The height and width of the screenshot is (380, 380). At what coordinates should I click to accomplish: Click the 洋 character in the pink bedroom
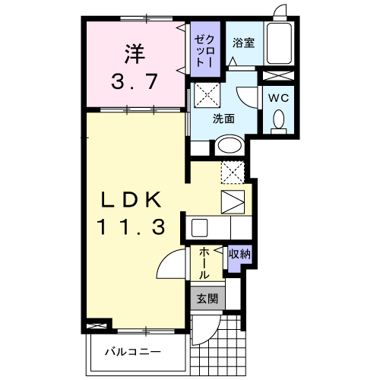(x=135, y=54)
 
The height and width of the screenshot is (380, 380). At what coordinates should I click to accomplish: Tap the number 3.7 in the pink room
(x=135, y=81)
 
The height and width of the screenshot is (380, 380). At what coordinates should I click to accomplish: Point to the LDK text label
(x=131, y=200)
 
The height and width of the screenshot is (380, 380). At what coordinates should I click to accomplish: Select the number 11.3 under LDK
(x=131, y=227)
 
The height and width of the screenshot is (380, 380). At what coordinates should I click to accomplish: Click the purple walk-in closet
(x=205, y=49)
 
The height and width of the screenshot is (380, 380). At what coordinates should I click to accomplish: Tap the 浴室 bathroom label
(x=243, y=43)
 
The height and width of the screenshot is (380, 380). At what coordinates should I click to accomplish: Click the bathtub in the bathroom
(x=279, y=43)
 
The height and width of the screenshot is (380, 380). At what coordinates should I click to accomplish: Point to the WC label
(x=279, y=98)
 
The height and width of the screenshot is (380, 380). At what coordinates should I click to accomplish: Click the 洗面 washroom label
(x=223, y=119)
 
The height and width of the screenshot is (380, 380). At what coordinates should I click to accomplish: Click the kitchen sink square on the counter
(x=199, y=228)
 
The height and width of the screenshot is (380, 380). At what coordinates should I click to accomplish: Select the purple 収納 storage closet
(x=239, y=258)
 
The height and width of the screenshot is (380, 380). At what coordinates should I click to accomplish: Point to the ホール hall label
(x=204, y=264)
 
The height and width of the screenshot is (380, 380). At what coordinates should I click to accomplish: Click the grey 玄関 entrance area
(x=207, y=298)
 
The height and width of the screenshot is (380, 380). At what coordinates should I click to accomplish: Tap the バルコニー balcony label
(x=133, y=352)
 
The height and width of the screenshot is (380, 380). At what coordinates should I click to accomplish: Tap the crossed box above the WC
(x=278, y=76)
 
